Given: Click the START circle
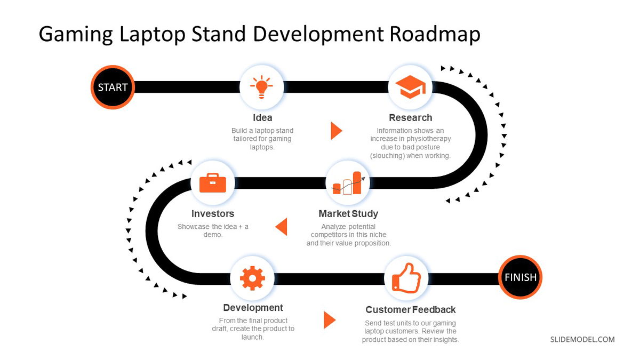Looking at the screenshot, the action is [113, 87].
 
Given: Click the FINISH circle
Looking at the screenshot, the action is [521, 277].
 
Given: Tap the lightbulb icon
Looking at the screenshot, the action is [261, 87].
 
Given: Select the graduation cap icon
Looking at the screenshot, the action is [410, 87].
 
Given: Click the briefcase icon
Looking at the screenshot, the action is [213, 183].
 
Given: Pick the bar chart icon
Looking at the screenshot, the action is [348, 183].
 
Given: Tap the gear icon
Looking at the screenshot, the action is [252, 278].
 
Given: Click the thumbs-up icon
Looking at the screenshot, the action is [406, 278].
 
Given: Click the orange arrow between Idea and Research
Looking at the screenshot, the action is [337, 131].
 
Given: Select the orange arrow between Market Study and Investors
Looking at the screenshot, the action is [281, 227].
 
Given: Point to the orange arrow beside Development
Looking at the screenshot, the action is [330, 320].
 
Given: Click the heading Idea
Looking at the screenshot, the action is [262, 118].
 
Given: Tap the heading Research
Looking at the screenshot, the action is [410, 118].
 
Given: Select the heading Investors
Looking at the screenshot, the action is [213, 214].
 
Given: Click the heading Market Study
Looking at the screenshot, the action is [348, 214].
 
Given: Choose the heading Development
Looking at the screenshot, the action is [253, 308].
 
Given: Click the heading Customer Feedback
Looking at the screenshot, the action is [410, 310].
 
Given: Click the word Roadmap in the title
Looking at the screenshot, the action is [435, 34].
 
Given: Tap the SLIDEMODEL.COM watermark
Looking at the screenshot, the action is [582, 339].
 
